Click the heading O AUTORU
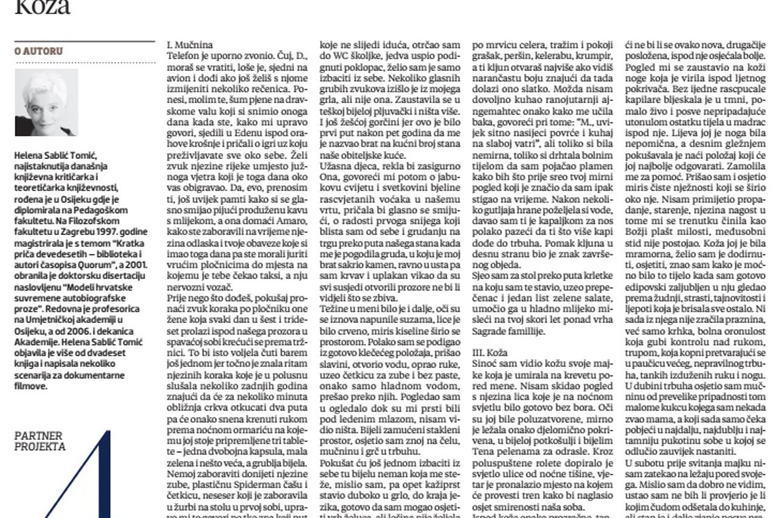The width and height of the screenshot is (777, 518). (38, 52)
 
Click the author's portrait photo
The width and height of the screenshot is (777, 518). (46, 103)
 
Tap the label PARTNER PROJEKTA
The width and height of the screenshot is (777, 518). (39, 441)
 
